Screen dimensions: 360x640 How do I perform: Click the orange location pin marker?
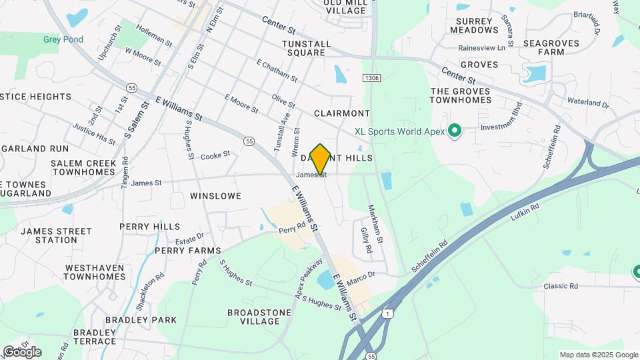click(320, 159)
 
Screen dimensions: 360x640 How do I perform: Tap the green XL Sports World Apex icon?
click(455, 131)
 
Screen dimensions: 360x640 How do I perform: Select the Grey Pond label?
click(63, 39)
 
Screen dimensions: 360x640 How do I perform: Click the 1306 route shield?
click(372, 78)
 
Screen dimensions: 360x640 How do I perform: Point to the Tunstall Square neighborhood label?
click(306, 48)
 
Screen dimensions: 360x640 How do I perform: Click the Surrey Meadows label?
click(474, 25)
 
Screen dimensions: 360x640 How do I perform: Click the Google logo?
click(21, 351)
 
